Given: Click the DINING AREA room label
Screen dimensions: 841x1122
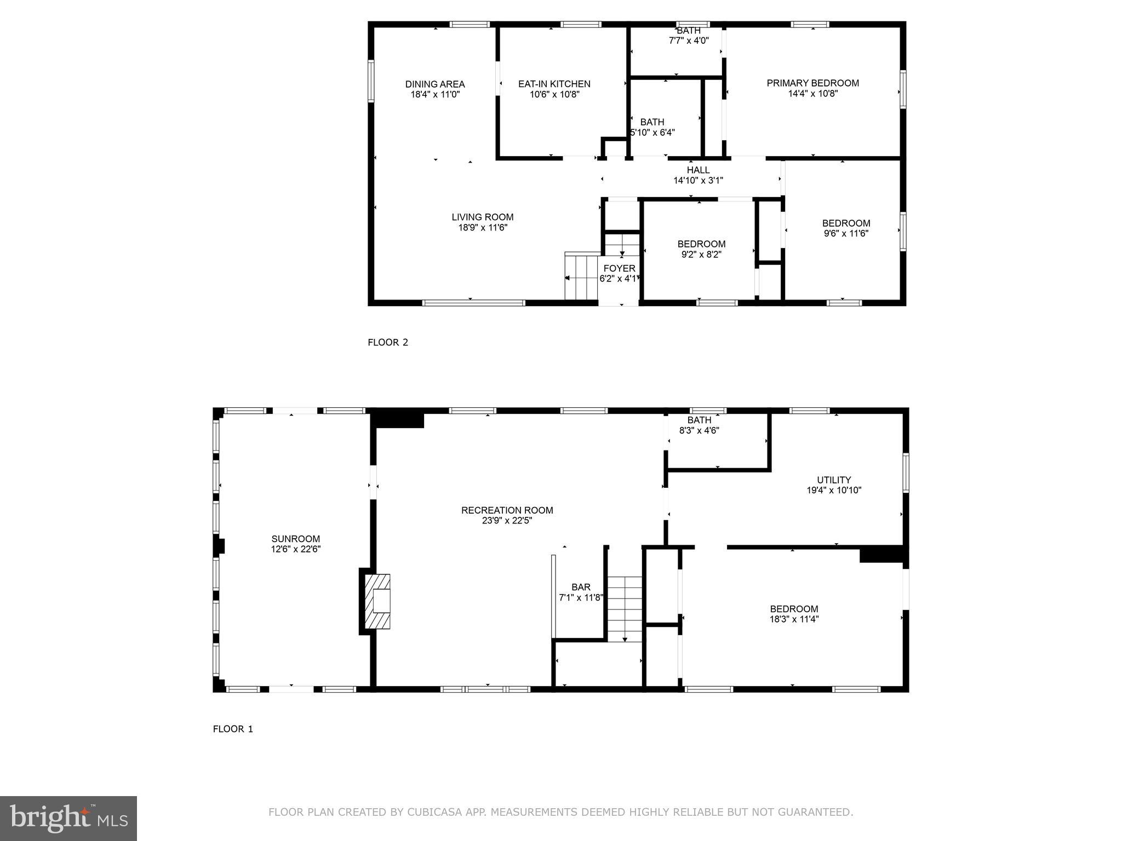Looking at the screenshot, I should click(435, 84).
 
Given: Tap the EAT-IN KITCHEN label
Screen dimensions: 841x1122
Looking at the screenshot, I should click(554, 84).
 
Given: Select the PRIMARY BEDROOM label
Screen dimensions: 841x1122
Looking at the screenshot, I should click(812, 83).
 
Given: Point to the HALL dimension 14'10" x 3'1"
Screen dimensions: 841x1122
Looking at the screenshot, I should click(698, 180).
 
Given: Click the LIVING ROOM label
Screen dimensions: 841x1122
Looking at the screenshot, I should click(483, 217).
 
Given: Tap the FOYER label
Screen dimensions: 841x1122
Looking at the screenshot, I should click(619, 268).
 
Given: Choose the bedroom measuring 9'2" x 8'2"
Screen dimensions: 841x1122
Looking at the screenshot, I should click(701, 249).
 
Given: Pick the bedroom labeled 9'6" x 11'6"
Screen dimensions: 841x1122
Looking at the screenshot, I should click(846, 228).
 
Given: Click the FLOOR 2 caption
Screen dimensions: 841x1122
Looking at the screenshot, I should click(388, 343).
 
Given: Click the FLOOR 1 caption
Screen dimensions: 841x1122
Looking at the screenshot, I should click(233, 729).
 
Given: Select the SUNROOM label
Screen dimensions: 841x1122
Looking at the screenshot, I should click(295, 539).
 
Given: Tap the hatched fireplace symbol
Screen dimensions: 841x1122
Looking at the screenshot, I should click(377, 601).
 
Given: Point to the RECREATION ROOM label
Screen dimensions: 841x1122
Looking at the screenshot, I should click(507, 510).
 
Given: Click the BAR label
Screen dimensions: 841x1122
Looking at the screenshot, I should click(581, 587).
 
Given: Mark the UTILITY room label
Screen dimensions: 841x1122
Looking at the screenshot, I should click(834, 480).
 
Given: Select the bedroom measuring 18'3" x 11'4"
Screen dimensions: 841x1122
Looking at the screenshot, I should click(794, 614).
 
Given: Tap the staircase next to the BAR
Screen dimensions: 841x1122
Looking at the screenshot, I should click(625, 608).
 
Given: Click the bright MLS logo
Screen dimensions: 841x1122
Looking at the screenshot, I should click(68, 818).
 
